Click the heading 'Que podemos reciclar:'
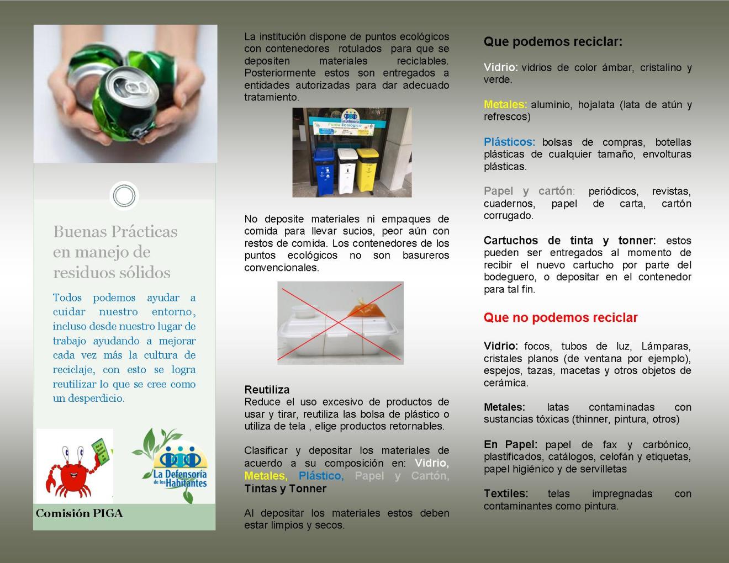[x=553, y=42]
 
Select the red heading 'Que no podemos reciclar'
[x=561, y=318]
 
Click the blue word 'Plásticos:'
[x=509, y=142]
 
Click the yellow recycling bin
[x=368, y=170]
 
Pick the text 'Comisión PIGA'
[x=80, y=514]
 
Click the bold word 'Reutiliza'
[x=267, y=390]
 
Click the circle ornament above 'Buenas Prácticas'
[x=124, y=195]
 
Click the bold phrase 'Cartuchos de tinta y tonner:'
[x=569, y=241]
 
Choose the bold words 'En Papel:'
[x=510, y=445]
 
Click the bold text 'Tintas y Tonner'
[x=286, y=488]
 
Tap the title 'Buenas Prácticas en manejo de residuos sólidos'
[x=115, y=252]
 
